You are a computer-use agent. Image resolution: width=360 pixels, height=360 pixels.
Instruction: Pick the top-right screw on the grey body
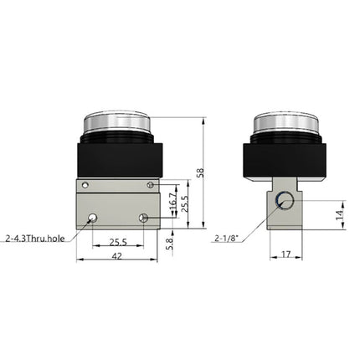pos(150,183)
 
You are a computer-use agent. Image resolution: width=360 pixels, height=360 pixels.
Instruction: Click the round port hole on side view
pos(285,200)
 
